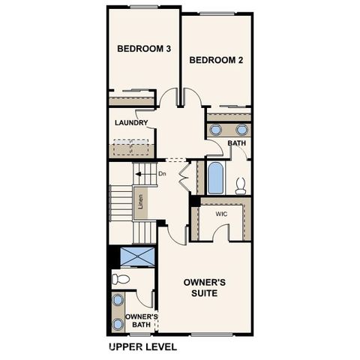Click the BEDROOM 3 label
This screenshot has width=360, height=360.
click(x=145, y=49)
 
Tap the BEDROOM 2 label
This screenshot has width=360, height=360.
click(x=216, y=60)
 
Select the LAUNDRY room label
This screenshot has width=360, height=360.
click(x=131, y=123)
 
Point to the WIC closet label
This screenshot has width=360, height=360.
click(x=221, y=214)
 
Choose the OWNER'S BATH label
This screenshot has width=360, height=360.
click(x=141, y=321)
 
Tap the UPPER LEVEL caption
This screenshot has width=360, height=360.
click(x=143, y=347)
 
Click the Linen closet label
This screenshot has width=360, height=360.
click(x=140, y=202)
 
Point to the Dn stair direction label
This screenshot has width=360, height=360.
click(x=161, y=174)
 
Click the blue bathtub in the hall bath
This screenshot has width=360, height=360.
click(x=216, y=178)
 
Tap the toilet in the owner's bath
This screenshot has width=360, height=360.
click(x=121, y=279)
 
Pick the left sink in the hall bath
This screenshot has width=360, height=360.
click(x=215, y=130)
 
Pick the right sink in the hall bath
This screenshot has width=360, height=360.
click(x=241, y=130)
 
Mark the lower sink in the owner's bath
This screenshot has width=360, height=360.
click(x=118, y=324)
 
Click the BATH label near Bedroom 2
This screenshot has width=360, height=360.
click(x=237, y=143)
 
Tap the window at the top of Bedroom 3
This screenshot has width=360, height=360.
click(x=144, y=7)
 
